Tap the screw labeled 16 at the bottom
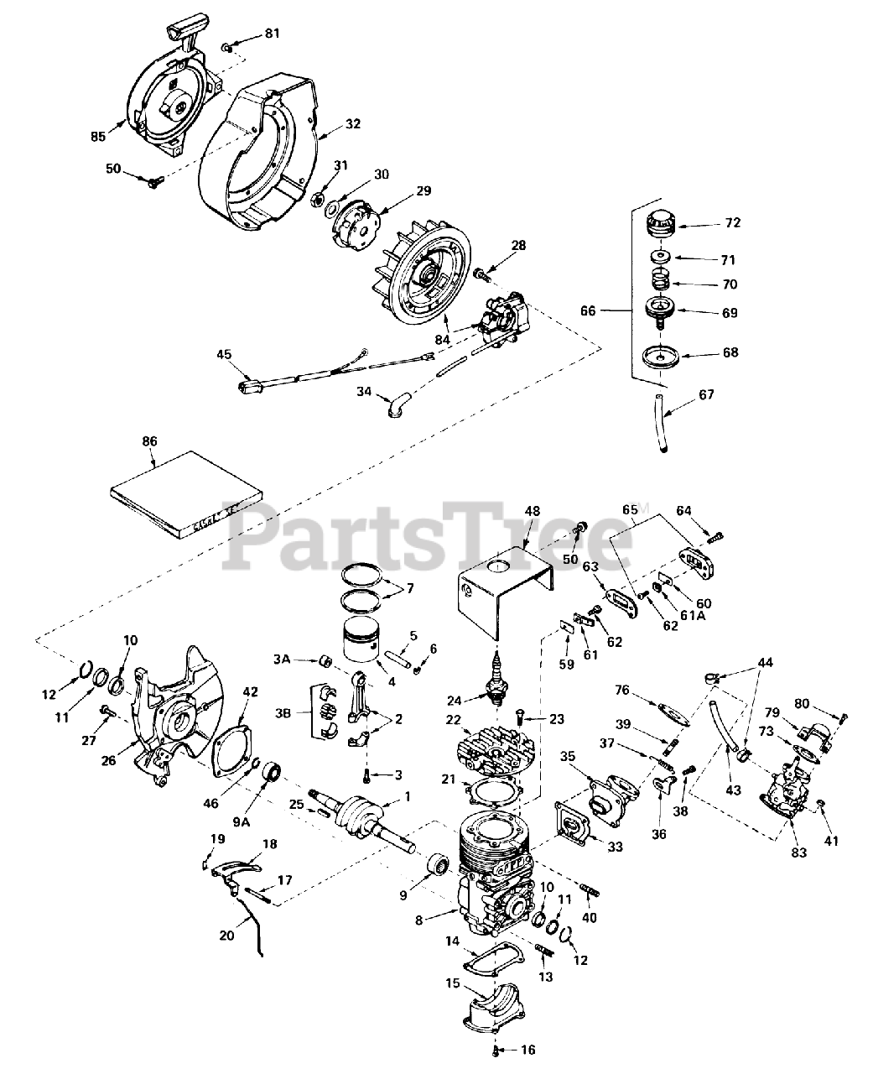coord(497,1051)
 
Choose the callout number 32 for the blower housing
coord(352,124)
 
